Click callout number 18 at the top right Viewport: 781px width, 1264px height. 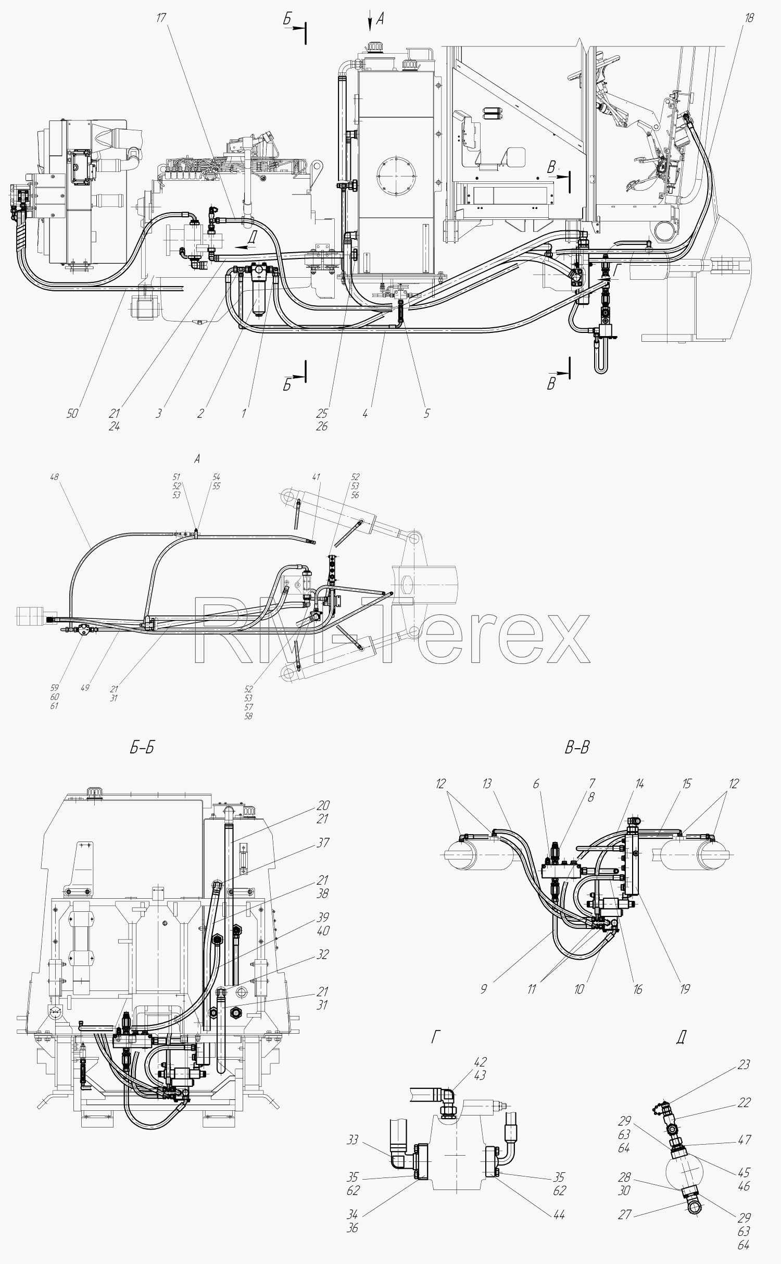pos(749,18)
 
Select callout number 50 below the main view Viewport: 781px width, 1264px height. pos(73,413)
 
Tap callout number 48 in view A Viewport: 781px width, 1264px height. pos(54,477)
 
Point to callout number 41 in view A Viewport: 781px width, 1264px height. pos(316,477)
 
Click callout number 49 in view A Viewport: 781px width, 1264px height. pos(85,688)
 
